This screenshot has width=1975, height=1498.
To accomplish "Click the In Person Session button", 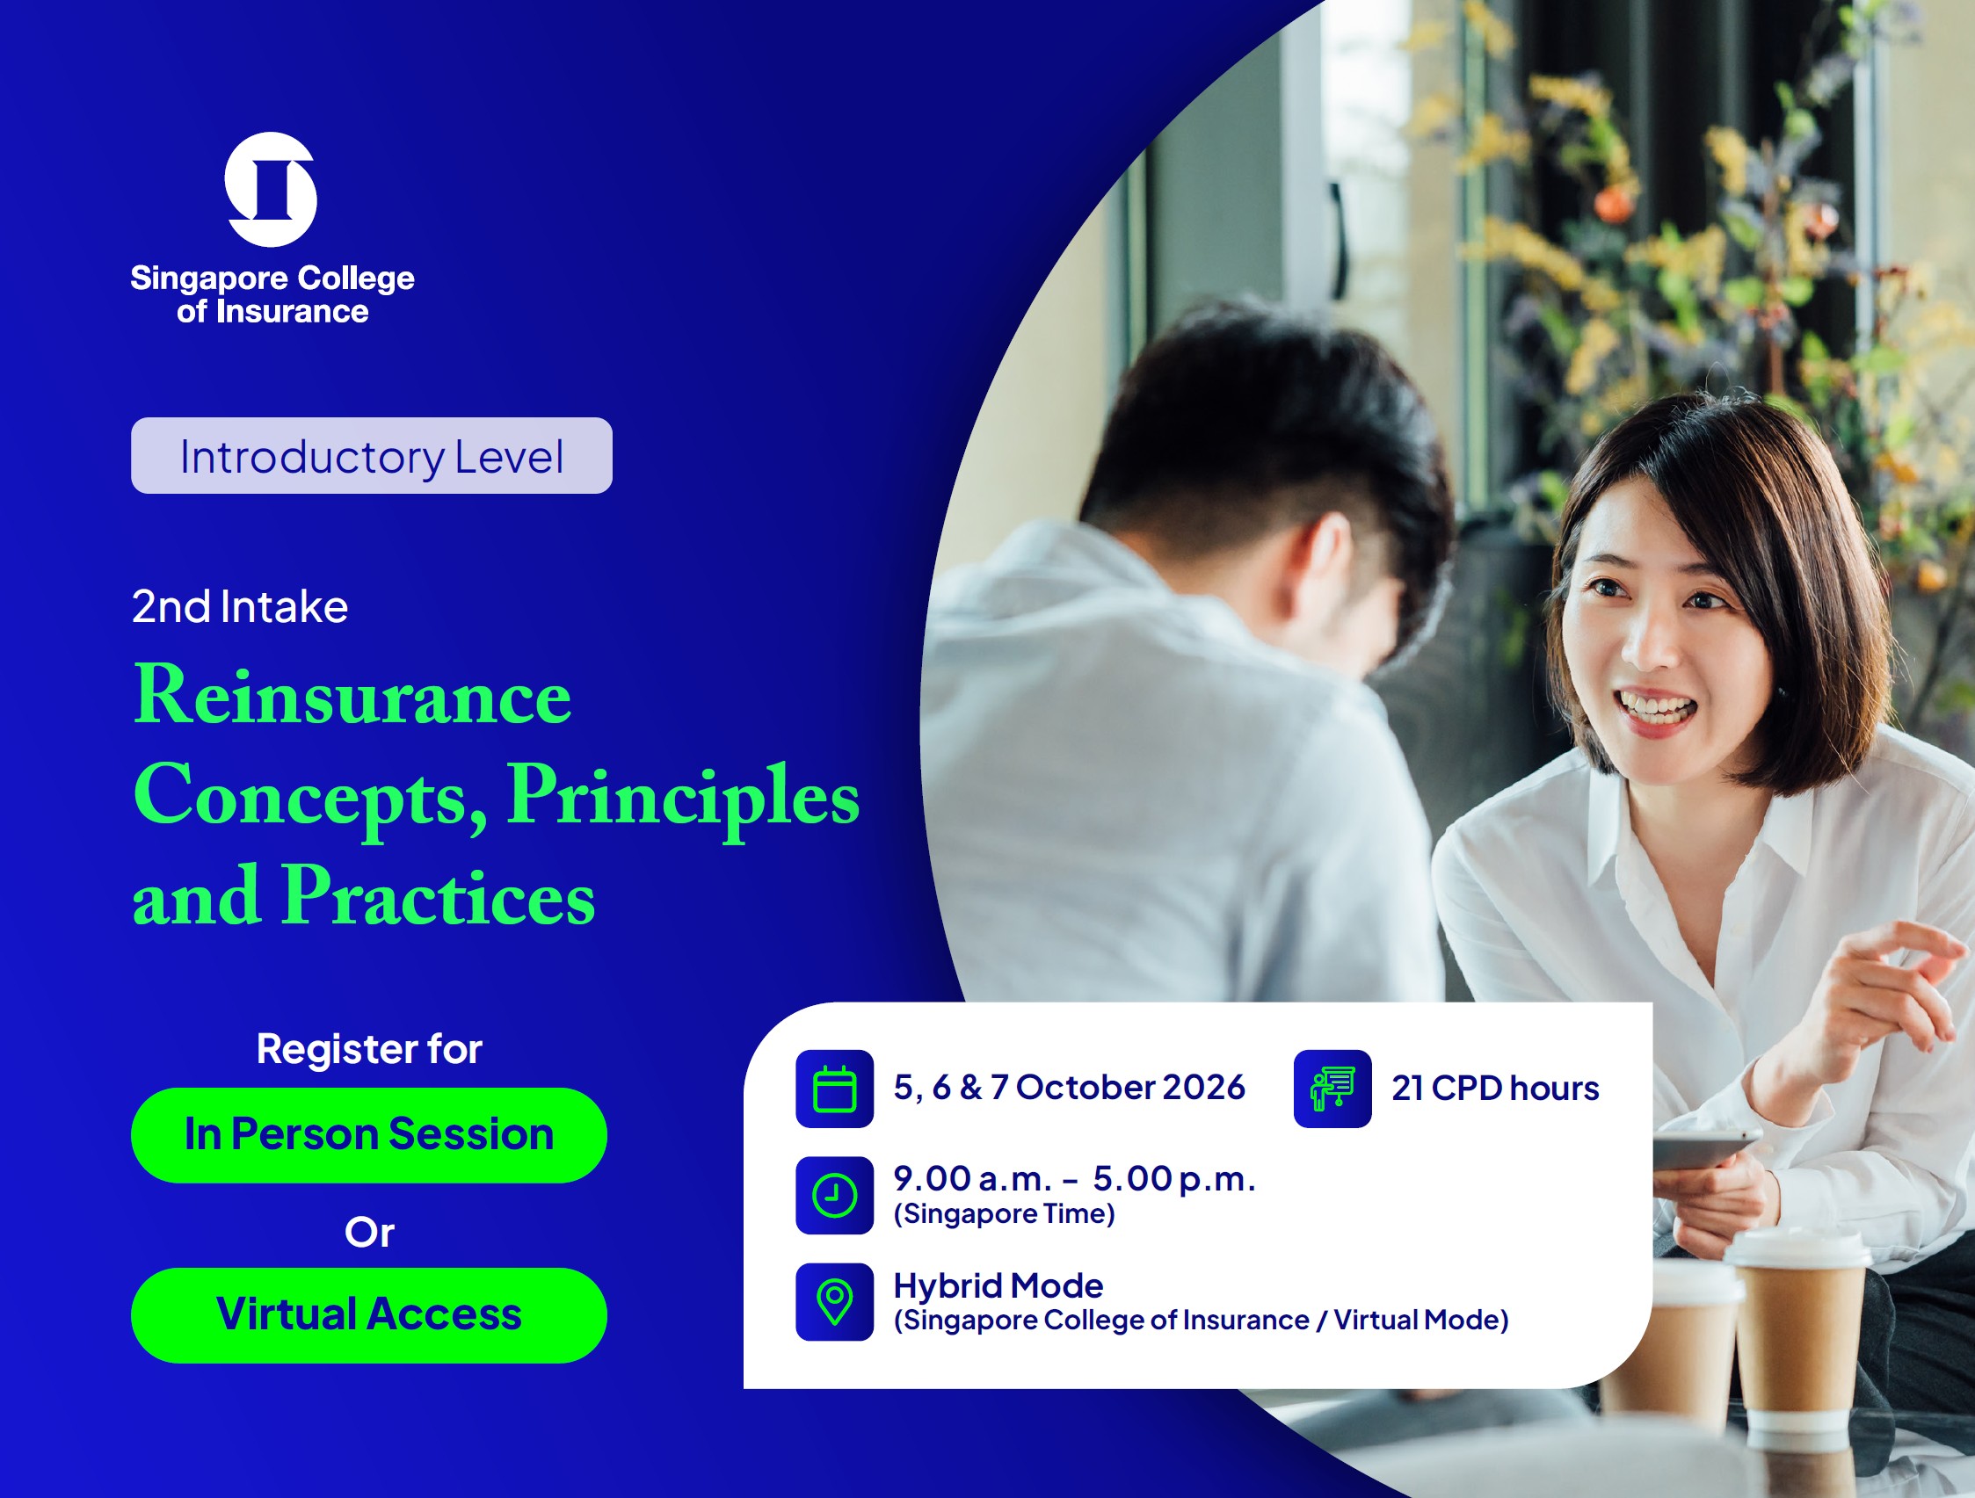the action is coord(369,1134).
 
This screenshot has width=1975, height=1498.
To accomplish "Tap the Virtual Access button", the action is coord(369,1315).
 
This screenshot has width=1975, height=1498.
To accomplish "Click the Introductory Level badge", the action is coord(372,455).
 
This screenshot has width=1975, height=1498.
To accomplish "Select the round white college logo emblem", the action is coord(271,189).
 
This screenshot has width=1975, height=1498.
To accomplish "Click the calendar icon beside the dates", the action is coord(835,1089).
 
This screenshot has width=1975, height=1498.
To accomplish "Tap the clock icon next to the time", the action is coord(835,1195).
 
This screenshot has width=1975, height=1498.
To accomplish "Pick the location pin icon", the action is coord(835,1301).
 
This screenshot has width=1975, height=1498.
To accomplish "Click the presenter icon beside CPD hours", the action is coord(1332,1089).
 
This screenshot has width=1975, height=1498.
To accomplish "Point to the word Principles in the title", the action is coord(683,797).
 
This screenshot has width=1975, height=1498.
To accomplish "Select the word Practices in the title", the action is coord(439,896).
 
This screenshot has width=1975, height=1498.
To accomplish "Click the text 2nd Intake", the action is coord(240,606).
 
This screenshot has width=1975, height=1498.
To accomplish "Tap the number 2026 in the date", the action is coord(1203,1088).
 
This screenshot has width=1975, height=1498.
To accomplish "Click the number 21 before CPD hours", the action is coord(1407,1089).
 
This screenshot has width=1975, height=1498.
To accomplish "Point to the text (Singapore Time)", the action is coord(1005,1214).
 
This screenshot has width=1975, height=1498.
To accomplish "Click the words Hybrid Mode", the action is coord(998,1285).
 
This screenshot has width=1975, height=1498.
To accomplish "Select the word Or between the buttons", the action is coord(370,1232).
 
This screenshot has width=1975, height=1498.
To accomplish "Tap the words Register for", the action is coord(370,1048).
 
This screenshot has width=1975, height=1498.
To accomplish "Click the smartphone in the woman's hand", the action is coord(1706,1147).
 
